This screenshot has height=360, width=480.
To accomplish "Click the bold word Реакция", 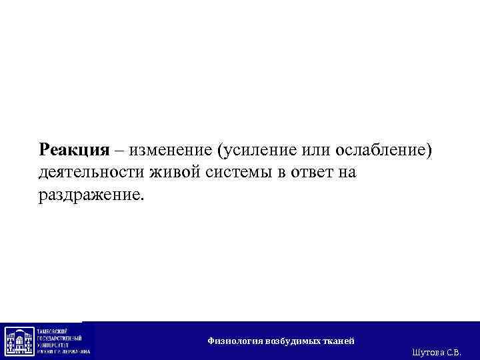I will coord(73,149).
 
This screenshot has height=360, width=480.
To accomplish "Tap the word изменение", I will coord(166,149).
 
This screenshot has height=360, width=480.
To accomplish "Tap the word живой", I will coord(173,173).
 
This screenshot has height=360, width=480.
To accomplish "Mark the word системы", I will coord(237,173).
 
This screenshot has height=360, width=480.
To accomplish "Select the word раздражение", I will coord(90,197).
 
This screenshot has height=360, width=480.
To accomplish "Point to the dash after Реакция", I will coord(119,149).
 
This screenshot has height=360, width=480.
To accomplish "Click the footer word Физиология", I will coord(235,341).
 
